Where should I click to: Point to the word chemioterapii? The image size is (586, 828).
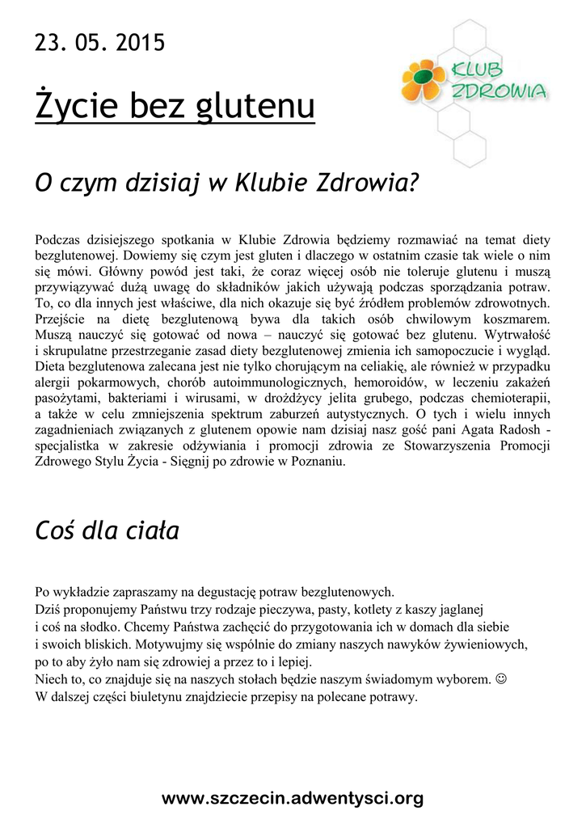(x=508, y=399)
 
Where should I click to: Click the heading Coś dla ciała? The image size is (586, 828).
(x=107, y=531)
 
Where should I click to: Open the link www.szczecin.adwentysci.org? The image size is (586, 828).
(x=293, y=798)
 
